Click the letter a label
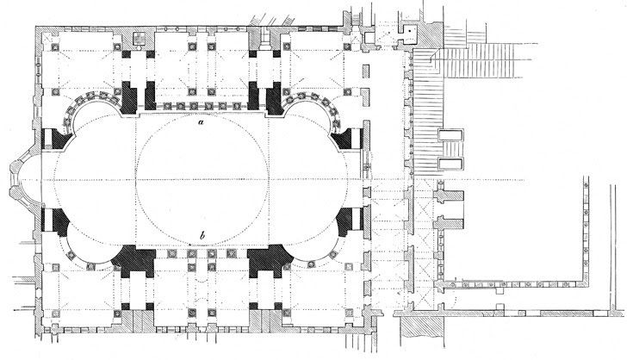click(x=201, y=121)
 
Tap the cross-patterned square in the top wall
click(x=140, y=38)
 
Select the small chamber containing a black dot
click(x=409, y=32)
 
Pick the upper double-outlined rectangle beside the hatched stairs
click(x=451, y=135)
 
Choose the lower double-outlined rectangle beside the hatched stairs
click(x=451, y=164)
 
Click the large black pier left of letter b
click(x=133, y=261)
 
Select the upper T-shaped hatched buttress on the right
click(x=448, y=196)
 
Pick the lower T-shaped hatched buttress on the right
click(x=448, y=223)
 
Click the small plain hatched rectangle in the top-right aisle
click(x=366, y=71)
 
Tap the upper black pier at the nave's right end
click(x=346, y=139)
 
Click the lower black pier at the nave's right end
click(x=349, y=221)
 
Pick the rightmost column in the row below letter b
click(x=231, y=253)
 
